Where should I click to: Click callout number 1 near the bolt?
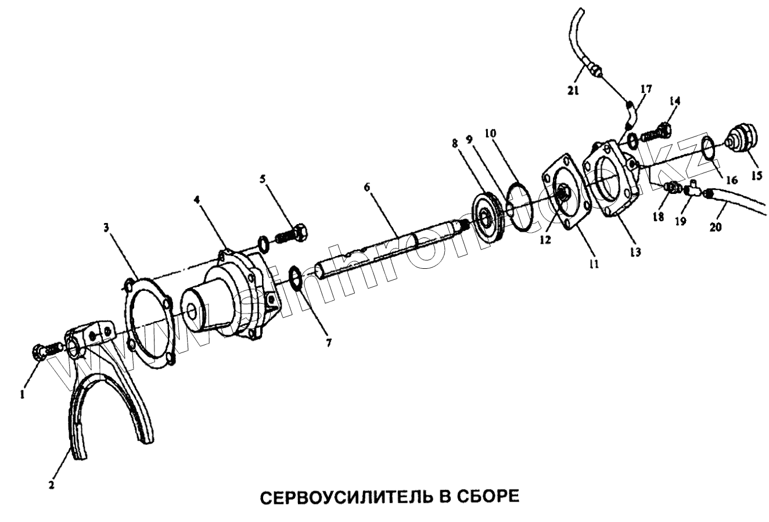pos(22,394)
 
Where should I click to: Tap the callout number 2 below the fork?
pos(52,485)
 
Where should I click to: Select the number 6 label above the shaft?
pos(367,187)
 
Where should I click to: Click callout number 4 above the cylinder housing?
pos(197,199)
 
